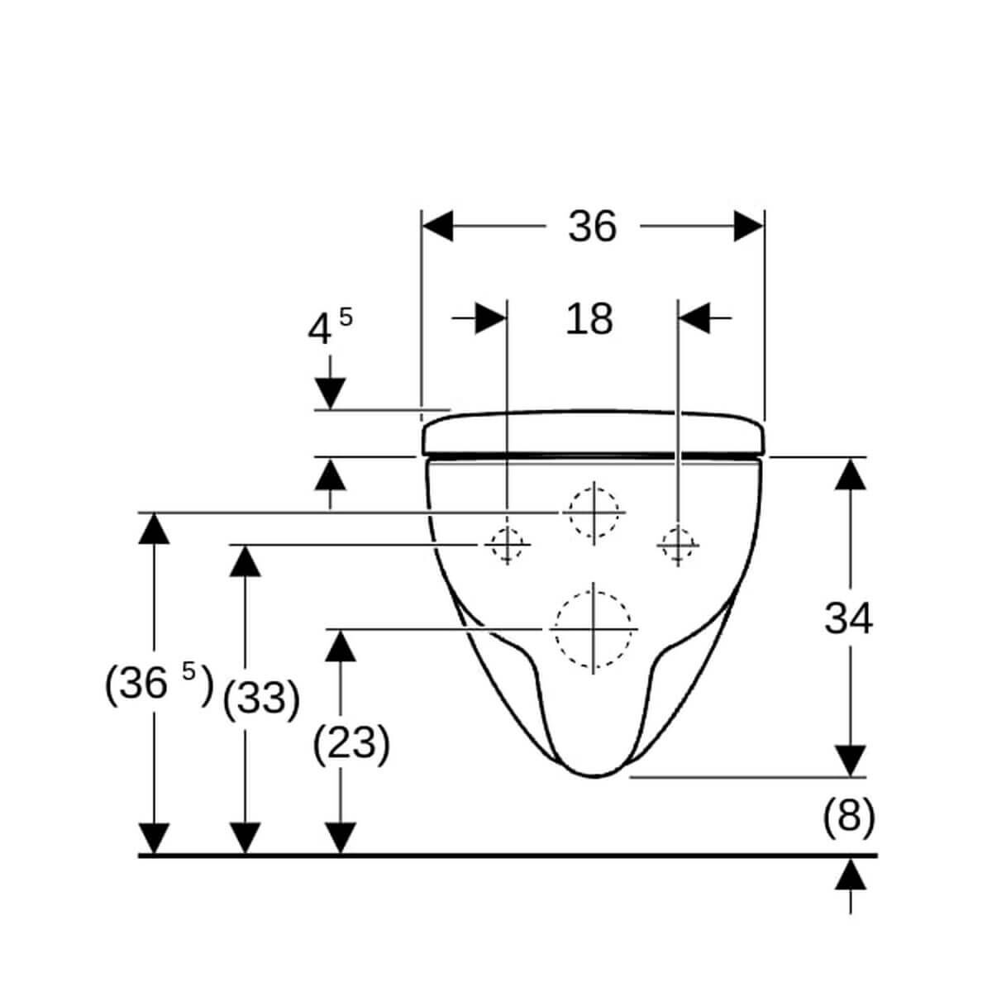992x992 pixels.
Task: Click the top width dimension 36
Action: click(592, 227)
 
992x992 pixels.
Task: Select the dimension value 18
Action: click(589, 319)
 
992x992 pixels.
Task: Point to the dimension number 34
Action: click(848, 619)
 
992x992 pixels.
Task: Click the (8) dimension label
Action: click(849, 818)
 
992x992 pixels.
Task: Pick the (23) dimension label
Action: click(351, 744)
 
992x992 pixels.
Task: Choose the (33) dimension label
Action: click(261, 699)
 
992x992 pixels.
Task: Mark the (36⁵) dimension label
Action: click(159, 684)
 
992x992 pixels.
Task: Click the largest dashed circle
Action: click(593, 629)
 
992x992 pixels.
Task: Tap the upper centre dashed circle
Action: click(594, 513)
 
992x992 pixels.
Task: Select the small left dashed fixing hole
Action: click(507, 545)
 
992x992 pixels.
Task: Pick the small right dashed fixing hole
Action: click(678, 545)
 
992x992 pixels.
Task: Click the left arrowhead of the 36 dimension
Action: click(437, 226)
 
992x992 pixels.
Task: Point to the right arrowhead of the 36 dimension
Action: click(748, 226)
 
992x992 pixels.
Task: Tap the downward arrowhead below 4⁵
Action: click(330, 393)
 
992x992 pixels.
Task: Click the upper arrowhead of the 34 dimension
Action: click(850, 475)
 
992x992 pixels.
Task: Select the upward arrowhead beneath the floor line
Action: click(850, 874)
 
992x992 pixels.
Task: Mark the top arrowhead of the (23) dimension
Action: click(341, 646)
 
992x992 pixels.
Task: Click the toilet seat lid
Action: click(593, 433)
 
